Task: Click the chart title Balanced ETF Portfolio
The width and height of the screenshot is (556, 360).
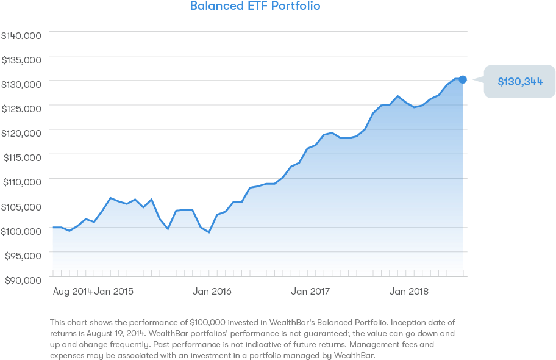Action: click(x=255, y=6)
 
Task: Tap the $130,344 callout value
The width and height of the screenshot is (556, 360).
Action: click(x=520, y=82)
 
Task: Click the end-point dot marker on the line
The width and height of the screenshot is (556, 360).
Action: click(x=463, y=79)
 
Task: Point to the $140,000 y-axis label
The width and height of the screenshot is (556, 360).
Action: click(x=21, y=35)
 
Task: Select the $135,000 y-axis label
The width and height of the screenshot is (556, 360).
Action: click(x=21, y=60)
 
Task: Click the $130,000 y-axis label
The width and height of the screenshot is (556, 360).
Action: click(x=21, y=84)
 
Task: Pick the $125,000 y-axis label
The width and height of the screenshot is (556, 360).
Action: click(x=21, y=108)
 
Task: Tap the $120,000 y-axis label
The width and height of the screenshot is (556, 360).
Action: click(x=21, y=132)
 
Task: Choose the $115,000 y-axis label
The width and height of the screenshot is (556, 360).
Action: click(x=22, y=157)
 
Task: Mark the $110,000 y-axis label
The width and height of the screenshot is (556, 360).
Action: click(x=22, y=181)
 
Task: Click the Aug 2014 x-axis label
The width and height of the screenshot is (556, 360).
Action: click(x=73, y=292)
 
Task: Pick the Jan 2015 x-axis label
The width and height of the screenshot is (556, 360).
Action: click(x=114, y=292)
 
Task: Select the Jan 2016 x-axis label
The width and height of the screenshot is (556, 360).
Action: click(x=212, y=292)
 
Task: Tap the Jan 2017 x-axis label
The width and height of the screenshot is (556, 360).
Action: click(x=310, y=292)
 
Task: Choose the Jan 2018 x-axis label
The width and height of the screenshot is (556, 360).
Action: click(x=409, y=292)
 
